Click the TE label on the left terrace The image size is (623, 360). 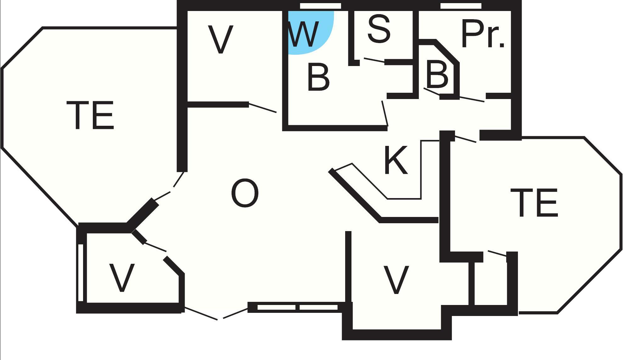(x=90, y=115)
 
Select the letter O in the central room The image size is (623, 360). (x=245, y=193)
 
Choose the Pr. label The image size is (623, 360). (x=483, y=34)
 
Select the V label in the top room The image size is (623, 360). (x=221, y=40)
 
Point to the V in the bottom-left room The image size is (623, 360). (x=122, y=278)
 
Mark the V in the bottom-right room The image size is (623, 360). (x=396, y=280)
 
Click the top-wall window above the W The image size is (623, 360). (x=320, y=6)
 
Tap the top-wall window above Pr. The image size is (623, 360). (x=461, y=6)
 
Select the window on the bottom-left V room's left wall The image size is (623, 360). (x=81, y=273)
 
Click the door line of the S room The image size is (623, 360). (x=374, y=60)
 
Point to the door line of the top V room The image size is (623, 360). (x=262, y=107)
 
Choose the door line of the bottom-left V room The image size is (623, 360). (x=155, y=247)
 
